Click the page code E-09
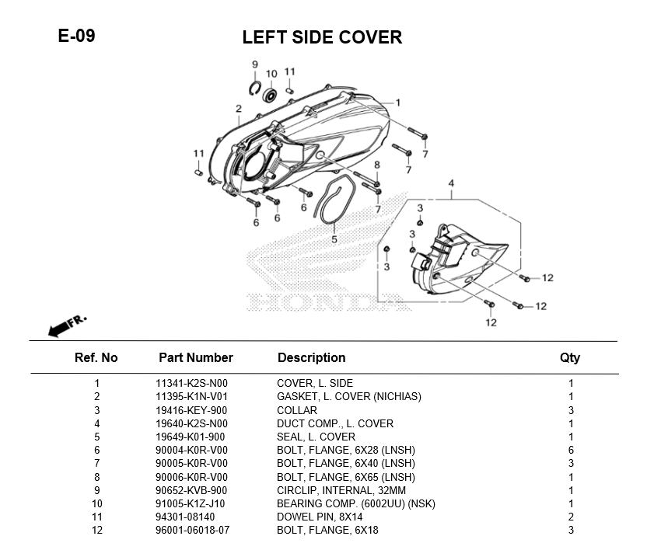point(76,36)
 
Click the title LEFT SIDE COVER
point(322,37)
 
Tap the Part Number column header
point(195,358)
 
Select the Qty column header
point(570,358)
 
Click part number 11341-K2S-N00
point(191,383)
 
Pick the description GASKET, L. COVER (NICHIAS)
point(349,397)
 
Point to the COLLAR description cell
point(297,410)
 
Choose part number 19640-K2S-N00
point(191,423)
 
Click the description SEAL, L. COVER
point(316,437)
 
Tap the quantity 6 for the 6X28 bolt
point(571,451)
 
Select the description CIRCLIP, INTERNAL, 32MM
point(341,490)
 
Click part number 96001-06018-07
point(193,531)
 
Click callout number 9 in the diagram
point(254,64)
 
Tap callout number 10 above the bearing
point(271,75)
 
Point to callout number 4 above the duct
point(450,184)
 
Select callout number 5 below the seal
point(334,240)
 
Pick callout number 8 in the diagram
point(376,165)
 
